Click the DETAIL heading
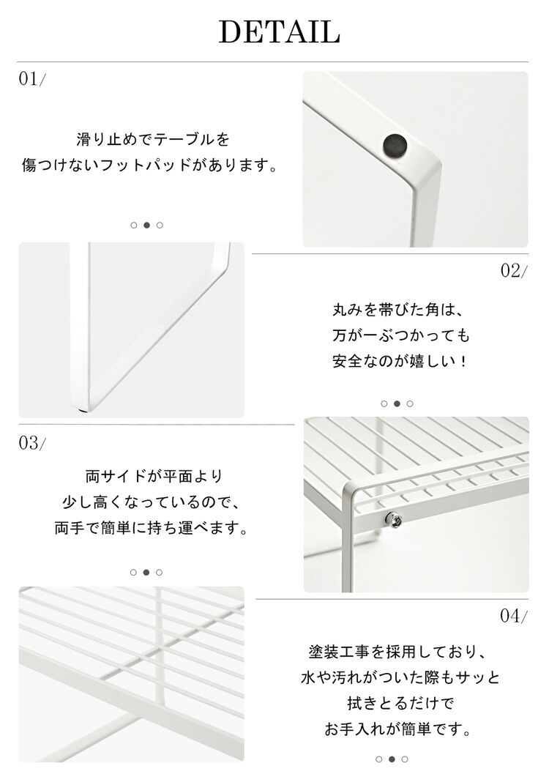pyautogui.click(x=279, y=32)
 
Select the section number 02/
pyautogui.click(x=514, y=270)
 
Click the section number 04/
pyautogui.click(x=514, y=616)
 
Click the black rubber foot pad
pyautogui.click(x=395, y=144)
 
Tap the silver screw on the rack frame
pyautogui.click(x=394, y=519)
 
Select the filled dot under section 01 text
pyautogui.click(x=146, y=225)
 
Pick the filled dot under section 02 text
pyautogui.click(x=397, y=403)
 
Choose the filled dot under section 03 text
pyautogui.click(x=146, y=573)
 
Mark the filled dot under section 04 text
pyautogui.click(x=392, y=759)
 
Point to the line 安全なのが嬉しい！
pyautogui.click(x=400, y=361)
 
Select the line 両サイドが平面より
pyautogui.click(x=154, y=477)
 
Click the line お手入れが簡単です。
pyautogui.click(x=400, y=729)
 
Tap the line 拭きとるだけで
pyautogui.click(x=400, y=703)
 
